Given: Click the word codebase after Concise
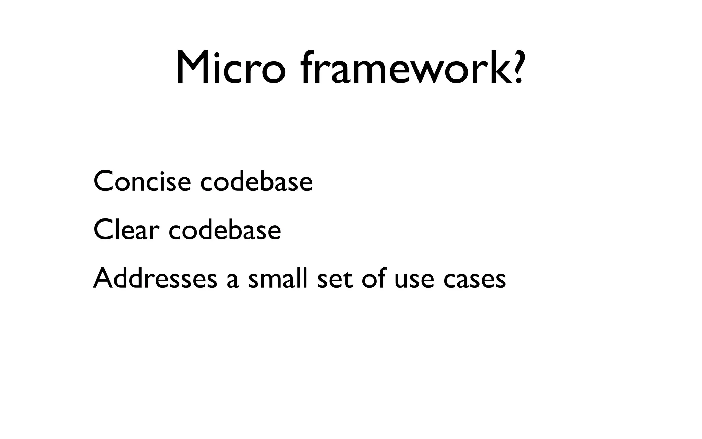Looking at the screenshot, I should tap(256, 181).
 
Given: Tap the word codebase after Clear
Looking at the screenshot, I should tap(225, 230).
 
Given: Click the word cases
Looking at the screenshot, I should tap(474, 280).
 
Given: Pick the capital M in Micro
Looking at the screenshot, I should tap(192, 68).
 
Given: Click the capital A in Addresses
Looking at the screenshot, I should tap(104, 277).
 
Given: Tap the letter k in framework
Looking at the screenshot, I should tap(494, 68).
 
